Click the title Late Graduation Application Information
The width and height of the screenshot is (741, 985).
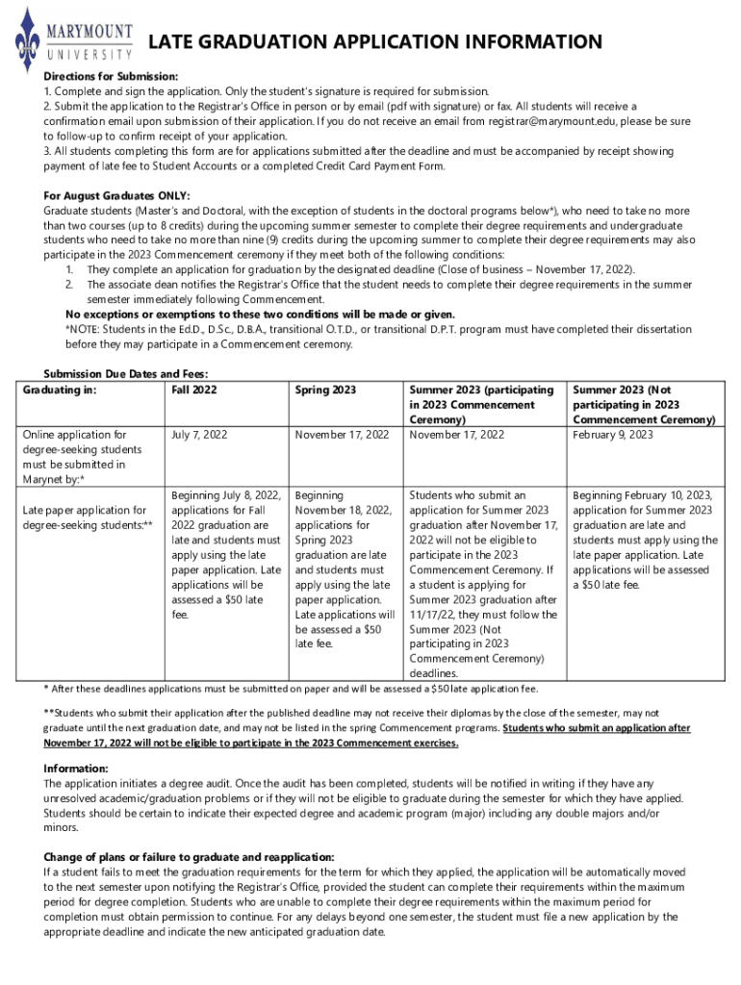(374, 41)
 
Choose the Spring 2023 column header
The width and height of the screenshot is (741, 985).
(325, 390)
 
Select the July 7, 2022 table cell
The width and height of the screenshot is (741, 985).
(199, 435)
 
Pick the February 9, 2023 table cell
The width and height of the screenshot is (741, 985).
(613, 435)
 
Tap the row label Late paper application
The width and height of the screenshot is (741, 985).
(84, 518)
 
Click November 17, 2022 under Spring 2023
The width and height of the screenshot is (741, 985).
(342, 435)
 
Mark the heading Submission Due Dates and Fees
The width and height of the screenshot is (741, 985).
(126, 374)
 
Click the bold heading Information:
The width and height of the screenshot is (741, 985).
(76, 769)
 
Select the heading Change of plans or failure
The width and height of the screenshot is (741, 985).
(189, 857)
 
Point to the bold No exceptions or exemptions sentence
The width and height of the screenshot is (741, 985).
(260, 315)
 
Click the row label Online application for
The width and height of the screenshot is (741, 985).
(73, 435)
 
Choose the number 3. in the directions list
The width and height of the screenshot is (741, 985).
(48, 152)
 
